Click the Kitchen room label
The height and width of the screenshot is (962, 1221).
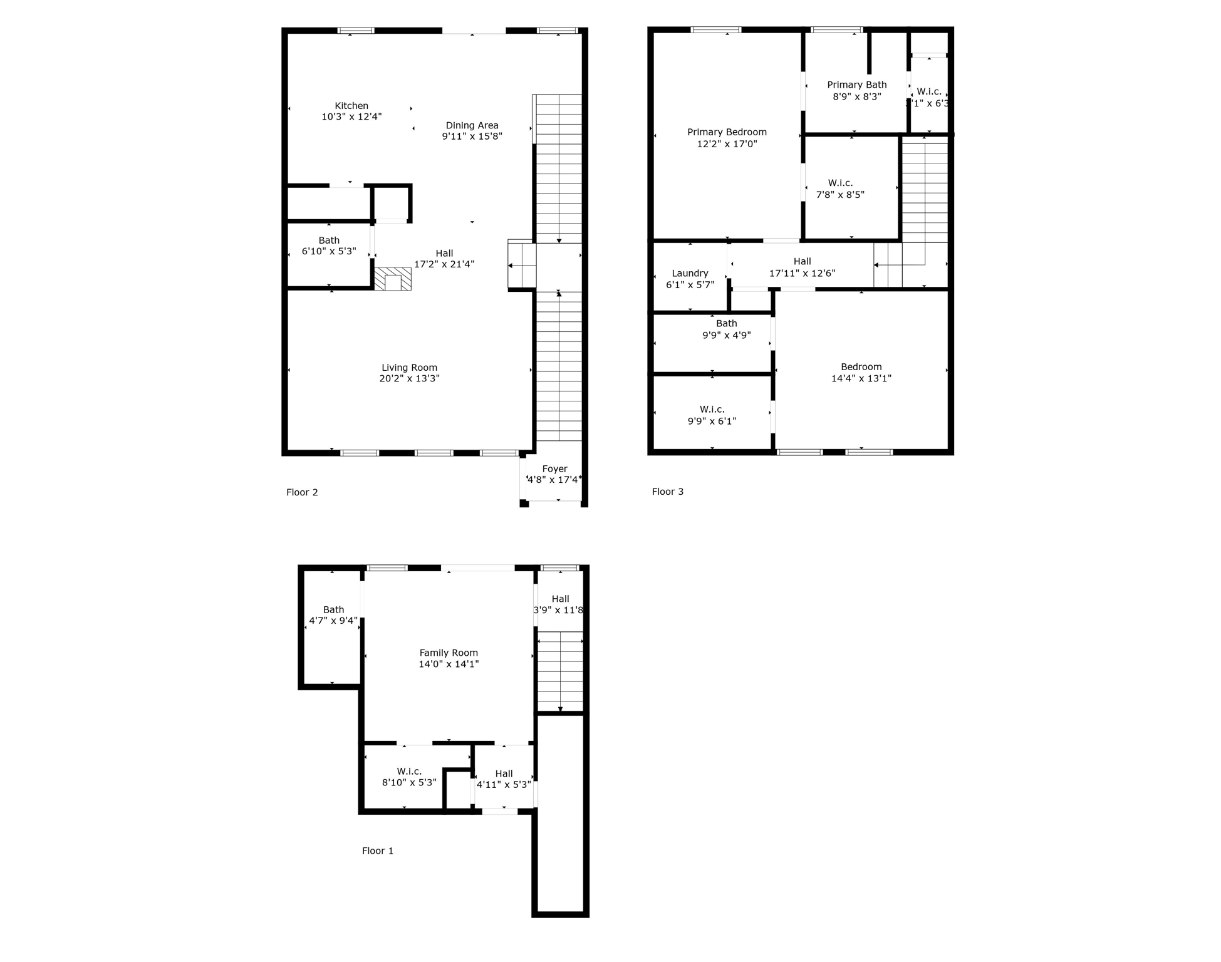coord(351,106)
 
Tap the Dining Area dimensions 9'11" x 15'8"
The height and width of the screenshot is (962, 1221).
coord(472,137)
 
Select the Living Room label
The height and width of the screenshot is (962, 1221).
coord(409,368)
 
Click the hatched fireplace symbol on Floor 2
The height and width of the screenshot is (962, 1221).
coord(393,279)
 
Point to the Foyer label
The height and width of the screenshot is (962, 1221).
coord(554,468)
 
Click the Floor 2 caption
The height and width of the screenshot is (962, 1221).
coord(302,492)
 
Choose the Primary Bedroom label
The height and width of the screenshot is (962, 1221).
coord(727,132)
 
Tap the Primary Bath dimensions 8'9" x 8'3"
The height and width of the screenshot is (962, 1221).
coord(856,96)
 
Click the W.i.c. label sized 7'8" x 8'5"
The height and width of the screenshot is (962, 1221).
coord(840,183)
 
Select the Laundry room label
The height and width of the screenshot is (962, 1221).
coord(690,273)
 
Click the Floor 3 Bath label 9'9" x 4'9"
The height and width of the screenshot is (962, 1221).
coord(726,323)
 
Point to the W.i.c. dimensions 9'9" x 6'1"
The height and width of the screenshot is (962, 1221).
coord(712,422)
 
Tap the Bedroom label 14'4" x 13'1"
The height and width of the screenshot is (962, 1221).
coord(861,367)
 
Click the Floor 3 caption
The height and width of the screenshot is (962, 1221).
coord(667,492)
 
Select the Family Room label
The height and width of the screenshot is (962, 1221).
coord(449,653)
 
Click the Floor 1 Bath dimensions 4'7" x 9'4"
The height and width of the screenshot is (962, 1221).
coord(333,621)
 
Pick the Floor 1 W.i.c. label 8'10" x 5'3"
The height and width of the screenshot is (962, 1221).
coord(409,771)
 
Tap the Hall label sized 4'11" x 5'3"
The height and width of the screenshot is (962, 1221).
coord(504,773)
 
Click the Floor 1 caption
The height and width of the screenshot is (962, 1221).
coord(378,851)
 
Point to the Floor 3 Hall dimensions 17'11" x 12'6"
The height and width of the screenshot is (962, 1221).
coord(802,274)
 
